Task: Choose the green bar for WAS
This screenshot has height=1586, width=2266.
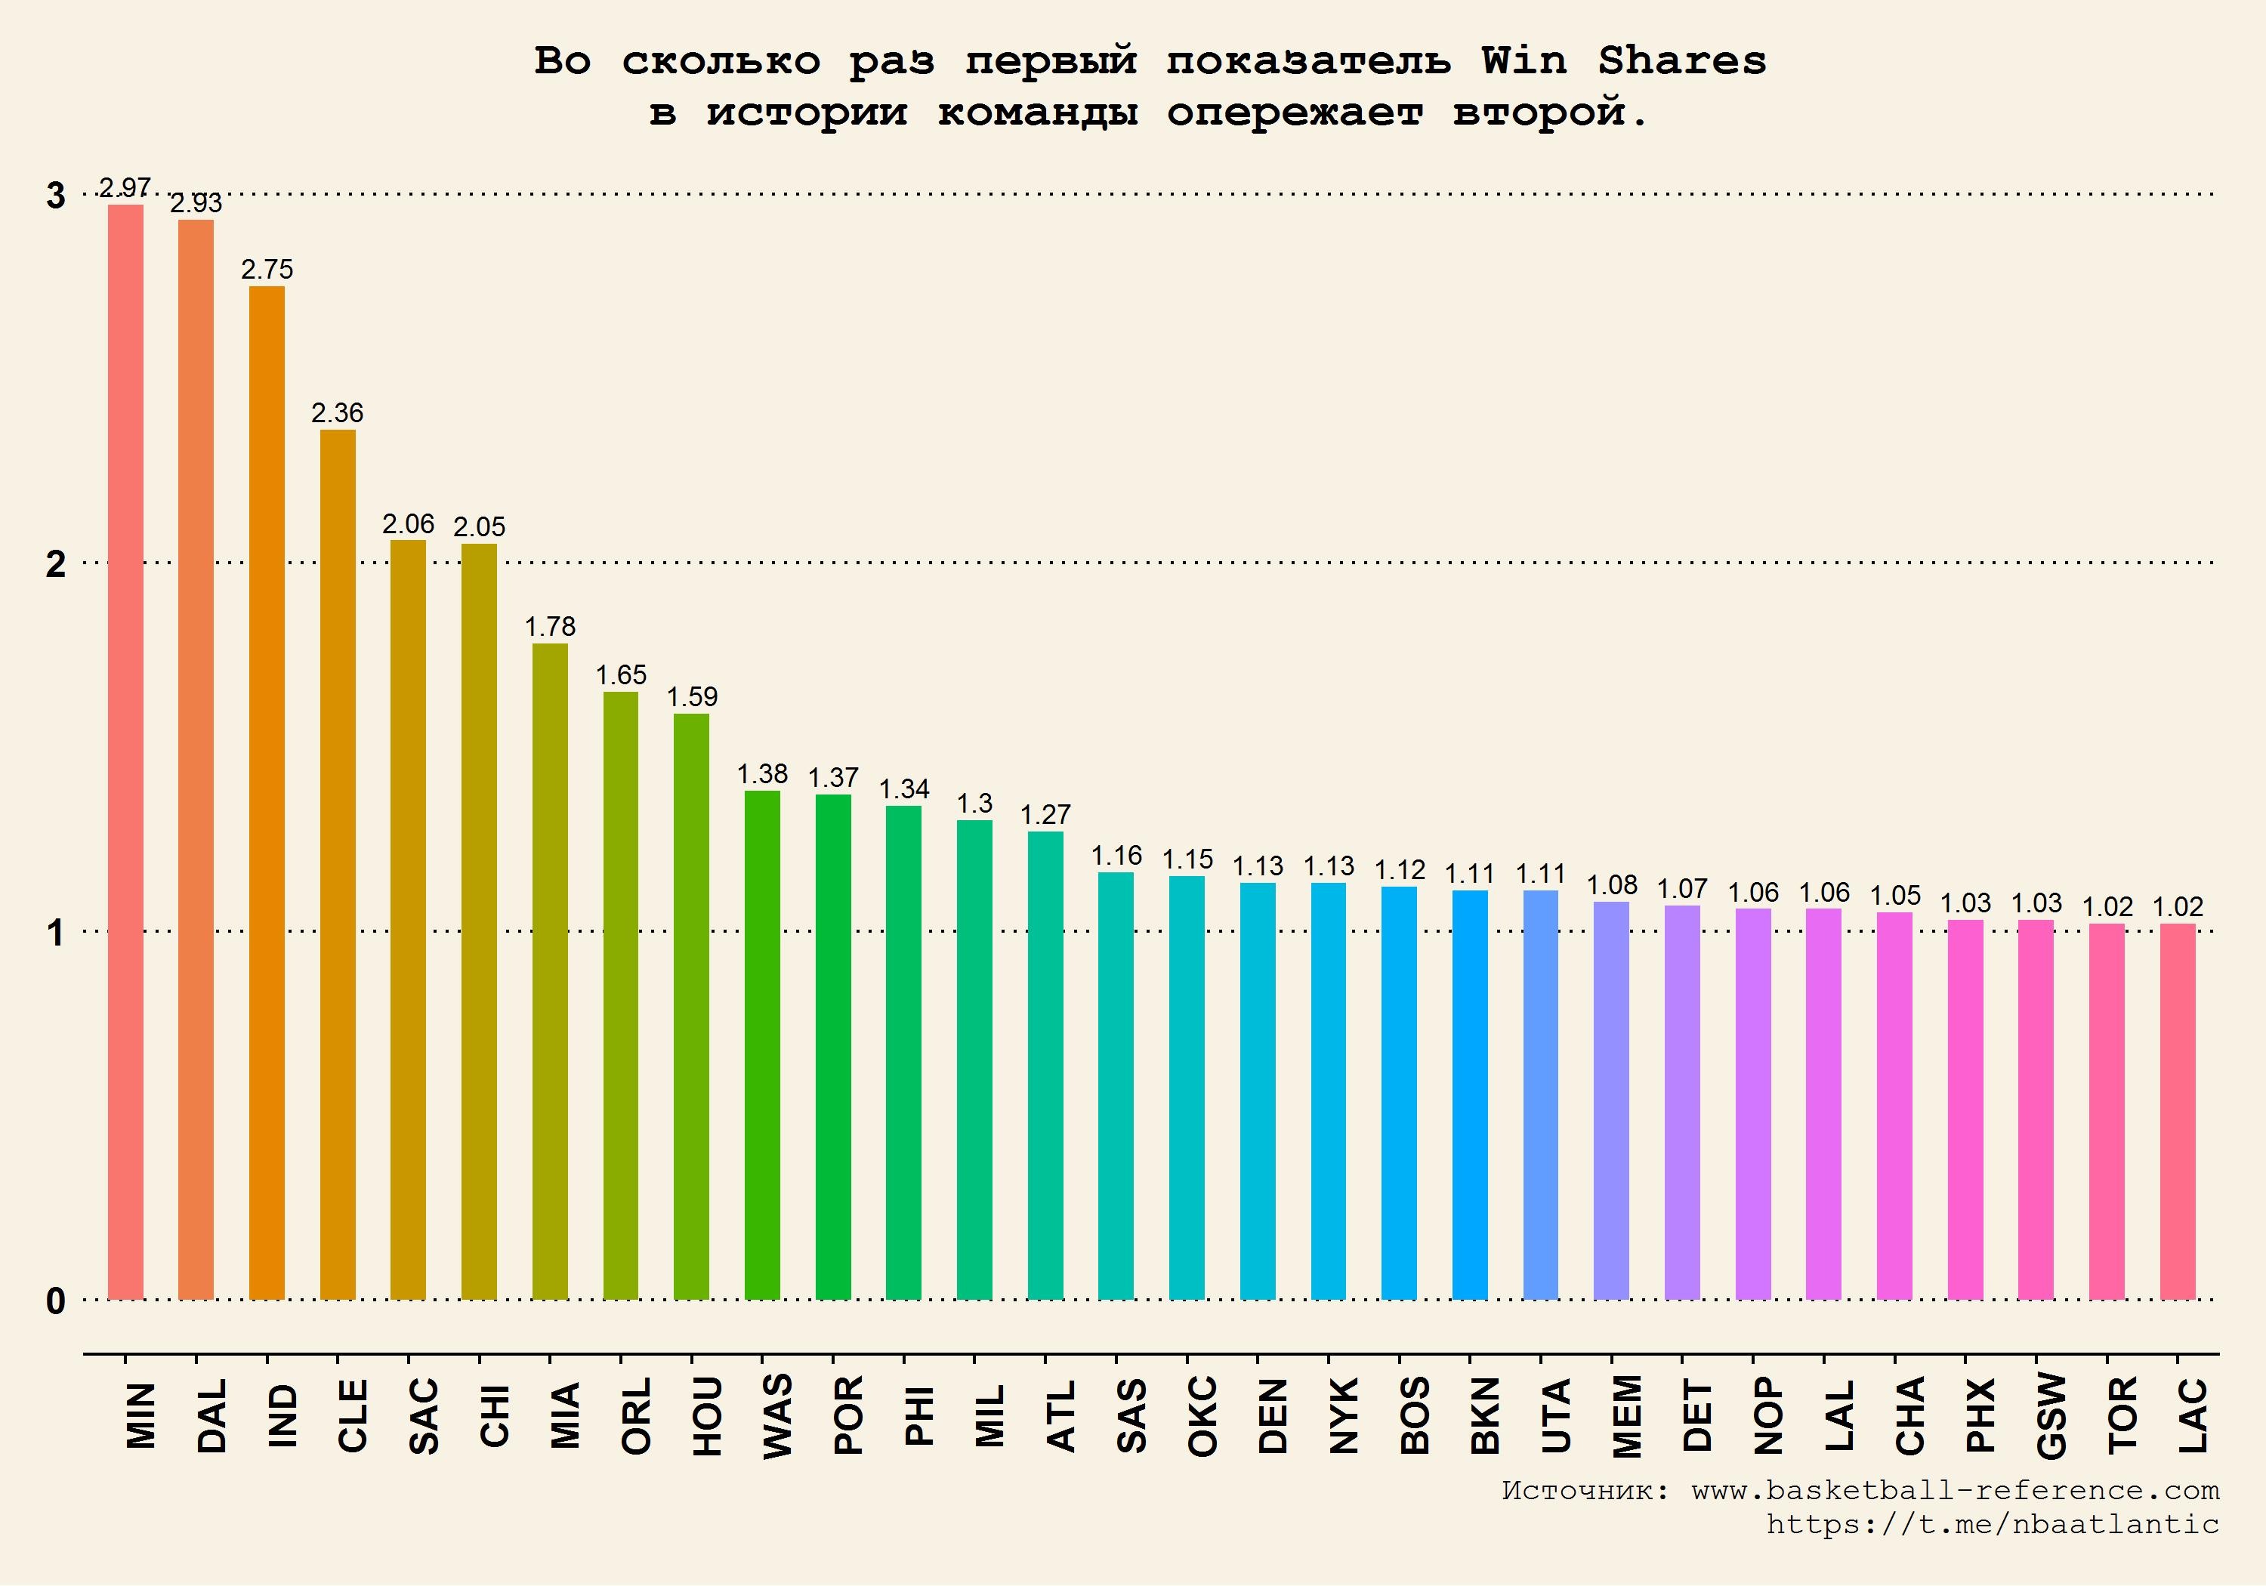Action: [762, 1044]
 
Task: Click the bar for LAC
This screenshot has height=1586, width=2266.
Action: [2177, 1110]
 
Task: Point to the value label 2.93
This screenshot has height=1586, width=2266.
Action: [196, 203]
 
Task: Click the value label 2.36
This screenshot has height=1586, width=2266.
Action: [338, 412]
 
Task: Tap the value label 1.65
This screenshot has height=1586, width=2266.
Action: [621, 675]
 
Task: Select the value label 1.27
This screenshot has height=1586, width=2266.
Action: [1045, 814]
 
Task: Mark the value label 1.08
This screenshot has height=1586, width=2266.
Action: [1612, 884]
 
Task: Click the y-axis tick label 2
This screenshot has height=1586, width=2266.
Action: [56, 563]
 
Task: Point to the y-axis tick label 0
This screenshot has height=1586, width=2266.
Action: [56, 1301]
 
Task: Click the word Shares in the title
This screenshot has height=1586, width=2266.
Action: [1681, 61]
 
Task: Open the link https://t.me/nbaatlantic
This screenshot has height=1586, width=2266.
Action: [1992, 1524]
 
